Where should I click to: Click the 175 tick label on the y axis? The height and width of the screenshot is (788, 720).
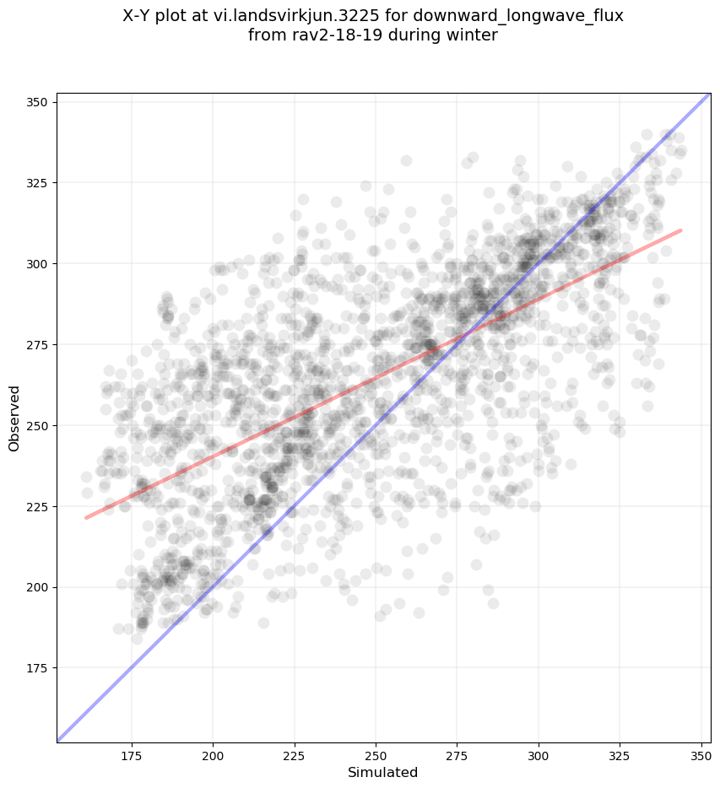(x=39, y=668)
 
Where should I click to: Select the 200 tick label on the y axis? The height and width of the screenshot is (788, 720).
(x=39, y=587)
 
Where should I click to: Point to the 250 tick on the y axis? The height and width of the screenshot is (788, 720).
(x=39, y=425)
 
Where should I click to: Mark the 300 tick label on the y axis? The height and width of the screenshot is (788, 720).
(x=39, y=264)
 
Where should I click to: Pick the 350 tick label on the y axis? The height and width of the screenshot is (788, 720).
(x=39, y=102)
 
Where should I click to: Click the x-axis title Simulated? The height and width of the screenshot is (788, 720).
(x=383, y=772)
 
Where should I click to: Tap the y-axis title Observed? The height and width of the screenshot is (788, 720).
(x=14, y=418)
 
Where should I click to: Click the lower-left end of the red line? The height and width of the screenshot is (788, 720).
(x=87, y=517)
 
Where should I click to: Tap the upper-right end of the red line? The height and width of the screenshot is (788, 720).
(x=680, y=230)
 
